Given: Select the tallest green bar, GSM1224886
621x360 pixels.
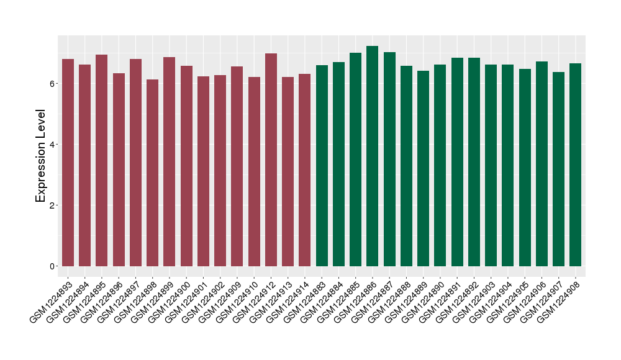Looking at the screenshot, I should click(373, 156).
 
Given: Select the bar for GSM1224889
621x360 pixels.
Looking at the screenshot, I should click(424, 168).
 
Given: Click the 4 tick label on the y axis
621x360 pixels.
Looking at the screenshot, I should click(52, 145).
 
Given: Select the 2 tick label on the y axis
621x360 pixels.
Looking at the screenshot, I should click(52, 205).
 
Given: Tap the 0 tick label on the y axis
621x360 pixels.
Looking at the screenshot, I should click(52, 266).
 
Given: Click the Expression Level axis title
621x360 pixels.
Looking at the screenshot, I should click(41, 156).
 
